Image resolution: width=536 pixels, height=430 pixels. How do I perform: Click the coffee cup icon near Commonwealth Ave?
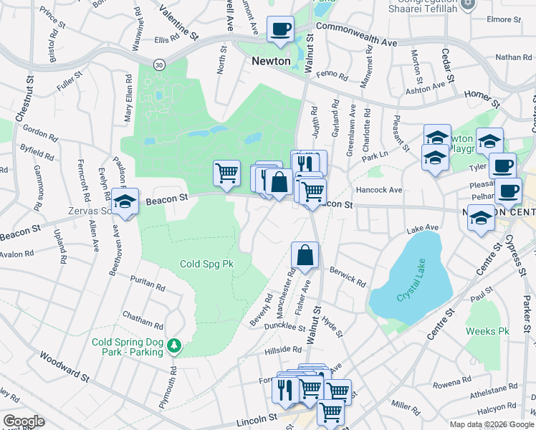[281, 29]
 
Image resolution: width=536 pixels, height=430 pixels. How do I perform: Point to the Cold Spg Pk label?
[206, 264]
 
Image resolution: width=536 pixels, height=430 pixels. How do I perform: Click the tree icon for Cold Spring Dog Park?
[174, 347]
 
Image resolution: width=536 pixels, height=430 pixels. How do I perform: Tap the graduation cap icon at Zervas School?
[125, 201]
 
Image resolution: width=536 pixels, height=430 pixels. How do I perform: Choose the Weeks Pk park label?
[487, 331]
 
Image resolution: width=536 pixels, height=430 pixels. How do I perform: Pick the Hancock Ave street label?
[379, 190]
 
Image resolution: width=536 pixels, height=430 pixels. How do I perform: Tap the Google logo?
[23, 421]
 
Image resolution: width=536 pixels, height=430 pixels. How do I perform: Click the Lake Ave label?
[422, 228]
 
